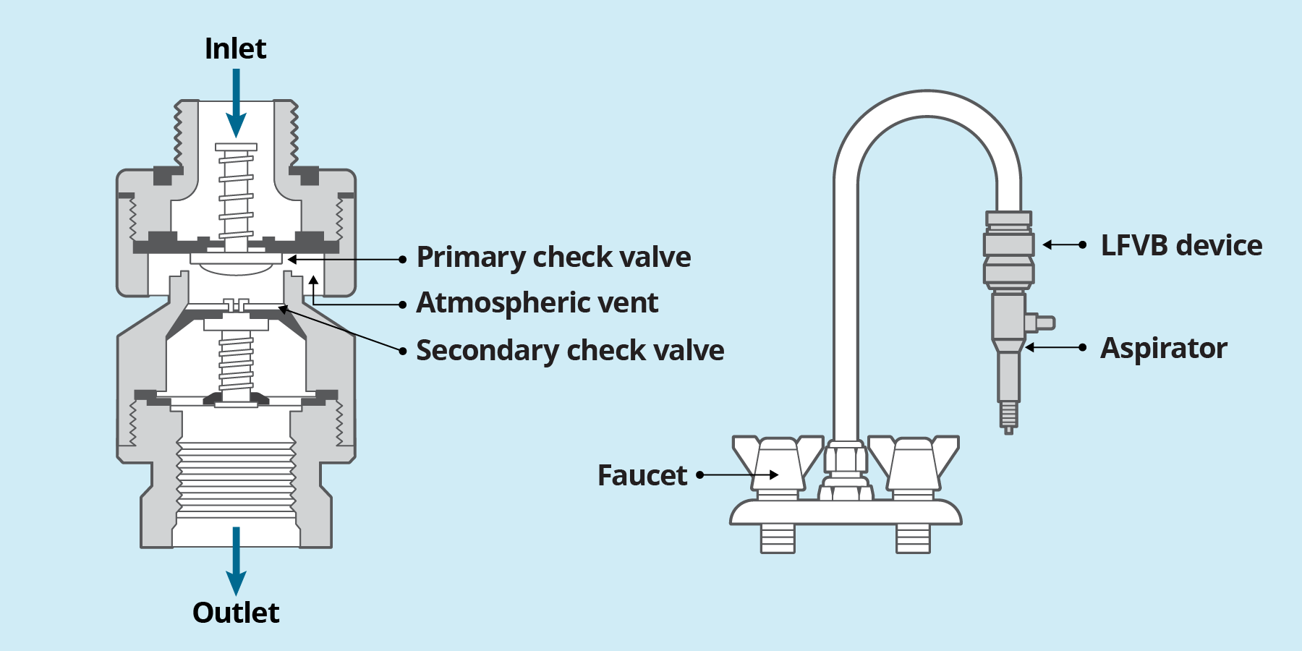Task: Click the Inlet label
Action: click(235, 49)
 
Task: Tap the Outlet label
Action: click(236, 613)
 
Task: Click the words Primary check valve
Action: click(553, 258)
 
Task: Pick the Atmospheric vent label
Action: click(537, 303)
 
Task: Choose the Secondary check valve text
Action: click(570, 351)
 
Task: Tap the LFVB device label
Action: click(1181, 246)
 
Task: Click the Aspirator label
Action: click(1163, 349)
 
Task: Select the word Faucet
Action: click(642, 476)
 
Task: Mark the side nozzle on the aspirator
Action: click(1042, 323)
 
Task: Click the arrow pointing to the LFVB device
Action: click(1063, 245)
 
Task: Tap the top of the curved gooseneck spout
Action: click(927, 103)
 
